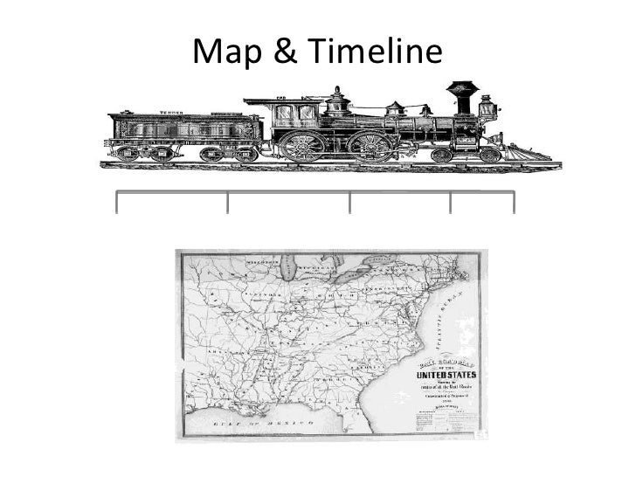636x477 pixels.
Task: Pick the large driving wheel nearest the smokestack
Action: click(x=370, y=145)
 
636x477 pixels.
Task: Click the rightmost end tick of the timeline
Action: click(x=514, y=202)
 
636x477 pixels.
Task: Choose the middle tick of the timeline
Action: click(x=350, y=202)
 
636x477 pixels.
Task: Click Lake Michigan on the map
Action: click(x=289, y=280)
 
